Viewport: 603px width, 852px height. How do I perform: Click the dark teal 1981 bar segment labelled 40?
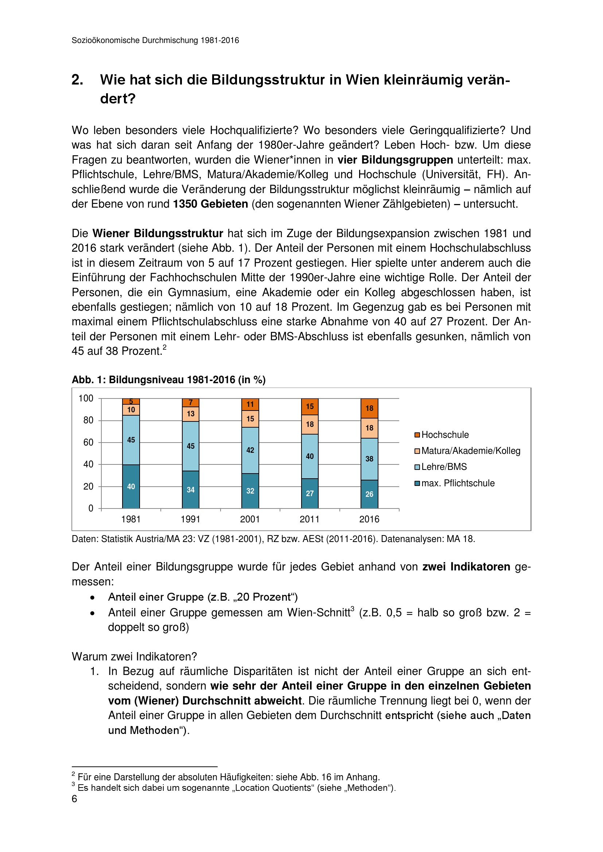131,486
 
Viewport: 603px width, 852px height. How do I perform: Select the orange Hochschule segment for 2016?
369,408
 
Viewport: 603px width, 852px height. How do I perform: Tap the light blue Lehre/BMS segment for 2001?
250,450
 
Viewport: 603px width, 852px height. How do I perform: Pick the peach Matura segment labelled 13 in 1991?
190,414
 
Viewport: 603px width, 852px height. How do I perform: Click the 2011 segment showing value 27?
310,493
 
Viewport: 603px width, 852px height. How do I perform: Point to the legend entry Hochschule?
445,435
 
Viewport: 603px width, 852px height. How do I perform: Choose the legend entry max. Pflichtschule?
458,483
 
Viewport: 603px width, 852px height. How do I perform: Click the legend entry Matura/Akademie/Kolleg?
470,451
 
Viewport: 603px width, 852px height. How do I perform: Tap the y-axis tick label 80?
88,420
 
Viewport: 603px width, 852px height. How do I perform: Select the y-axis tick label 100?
86,398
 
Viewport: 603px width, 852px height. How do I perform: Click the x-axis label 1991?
190,519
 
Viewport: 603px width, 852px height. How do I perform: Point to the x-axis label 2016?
369,519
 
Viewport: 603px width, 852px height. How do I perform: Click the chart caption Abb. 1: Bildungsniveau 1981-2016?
168,380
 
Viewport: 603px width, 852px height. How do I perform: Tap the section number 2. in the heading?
77,80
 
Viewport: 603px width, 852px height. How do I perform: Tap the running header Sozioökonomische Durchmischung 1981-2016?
155,40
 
